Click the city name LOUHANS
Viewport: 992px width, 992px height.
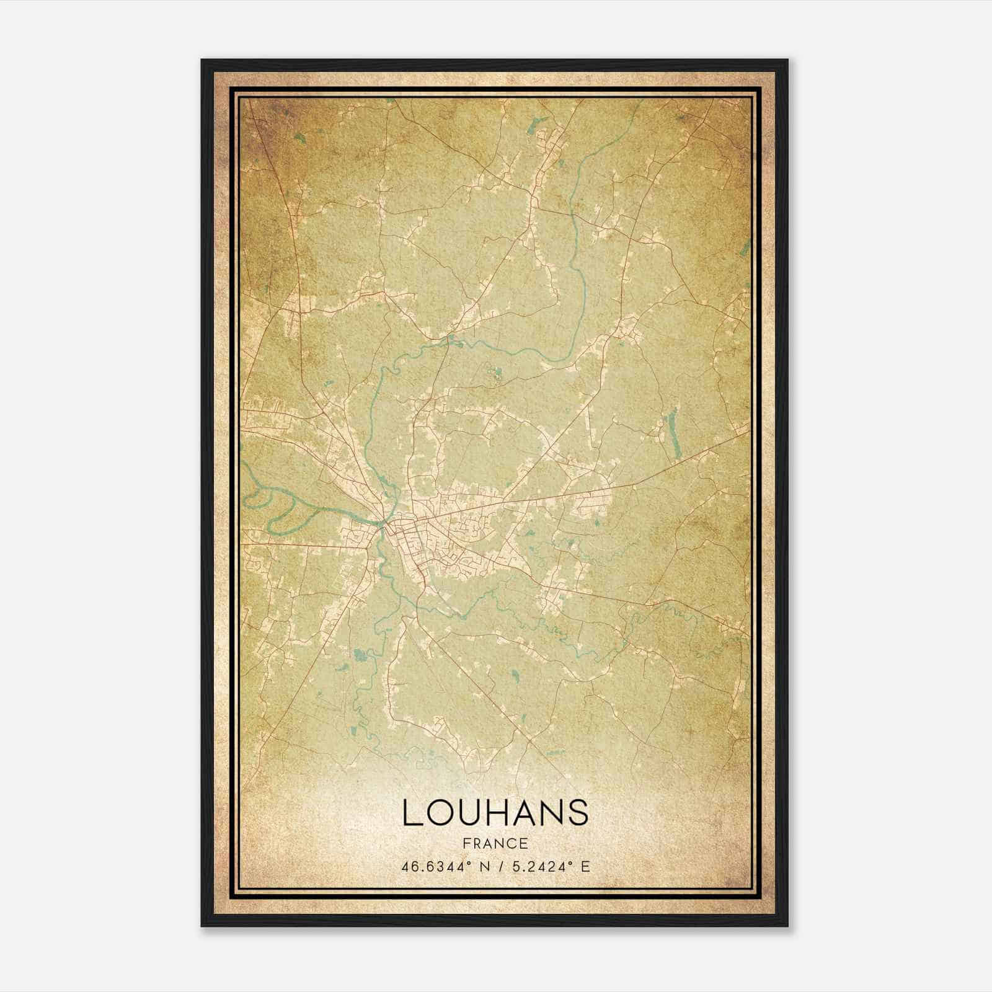coord(495,812)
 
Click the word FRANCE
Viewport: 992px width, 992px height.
coord(495,843)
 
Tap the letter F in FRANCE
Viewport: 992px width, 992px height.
coord(466,843)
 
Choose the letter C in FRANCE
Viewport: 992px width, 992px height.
coord(512,843)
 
